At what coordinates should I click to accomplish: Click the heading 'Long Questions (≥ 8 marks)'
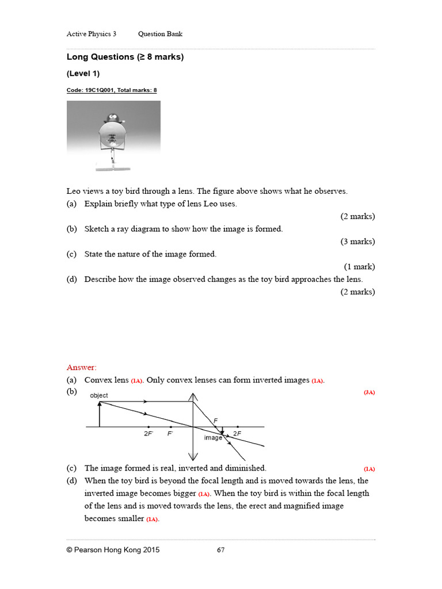click(125, 57)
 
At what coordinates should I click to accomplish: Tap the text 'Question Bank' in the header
click(160, 34)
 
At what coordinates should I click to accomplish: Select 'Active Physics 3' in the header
click(92, 34)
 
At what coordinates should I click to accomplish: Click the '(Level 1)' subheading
click(83, 74)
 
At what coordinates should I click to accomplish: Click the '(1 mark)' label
click(359, 267)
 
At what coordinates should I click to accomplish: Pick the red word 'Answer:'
click(82, 367)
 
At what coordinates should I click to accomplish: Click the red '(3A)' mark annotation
click(369, 392)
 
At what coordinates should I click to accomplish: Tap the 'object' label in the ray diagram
click(98, 396)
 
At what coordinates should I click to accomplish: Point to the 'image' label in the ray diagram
click(213, 438)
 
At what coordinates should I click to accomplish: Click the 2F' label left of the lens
click(148, 434)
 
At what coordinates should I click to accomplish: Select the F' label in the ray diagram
click(170, 434)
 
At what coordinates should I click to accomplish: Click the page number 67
click(220, 550)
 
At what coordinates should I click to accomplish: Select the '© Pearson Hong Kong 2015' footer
click(113, 550)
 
